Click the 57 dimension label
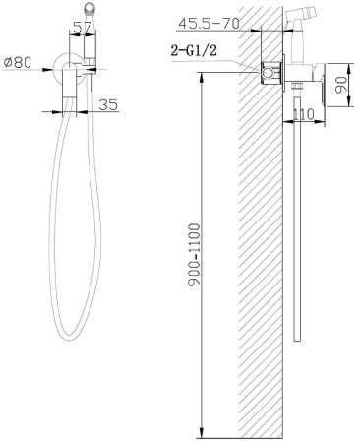pyautogui.click(x=82, y=28)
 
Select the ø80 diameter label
pyautogui.click(x=18, y=62)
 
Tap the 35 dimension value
pyautogui.click(x=108, y=105)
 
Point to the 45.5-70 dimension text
pyautogui.click(x=210, y=24)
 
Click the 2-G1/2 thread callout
pyautogui.click(x=194, y=51)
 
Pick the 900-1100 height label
pyautogui.click(x=194, y=256)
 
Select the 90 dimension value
pyautogui.click(x=341, y=85)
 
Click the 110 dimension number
pyautogui.click(x=303, y=114)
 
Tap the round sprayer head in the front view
pyautogui.click(x=90, y=8)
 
